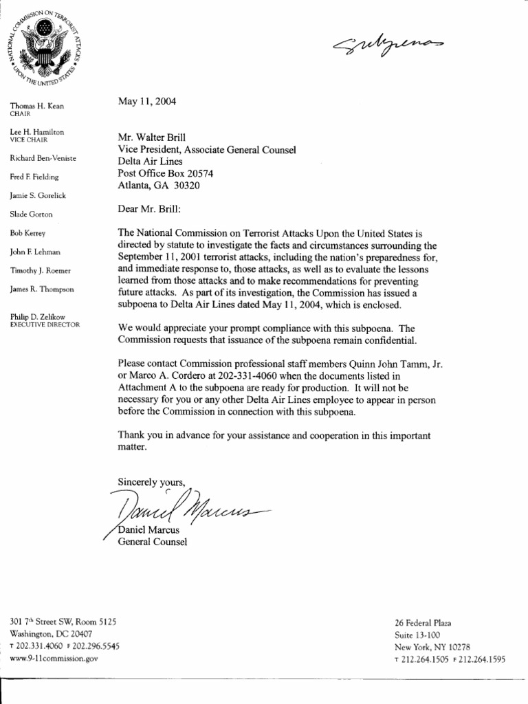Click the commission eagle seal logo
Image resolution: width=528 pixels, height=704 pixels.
45,45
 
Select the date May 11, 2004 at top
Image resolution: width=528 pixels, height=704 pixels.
147,102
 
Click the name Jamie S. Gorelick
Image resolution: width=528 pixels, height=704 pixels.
38,196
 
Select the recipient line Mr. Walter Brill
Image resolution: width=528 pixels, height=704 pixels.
152,137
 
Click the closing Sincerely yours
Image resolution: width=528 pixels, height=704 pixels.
151,481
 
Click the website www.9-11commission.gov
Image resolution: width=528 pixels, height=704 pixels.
54,658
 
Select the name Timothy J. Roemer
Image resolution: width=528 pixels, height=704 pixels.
40,271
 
